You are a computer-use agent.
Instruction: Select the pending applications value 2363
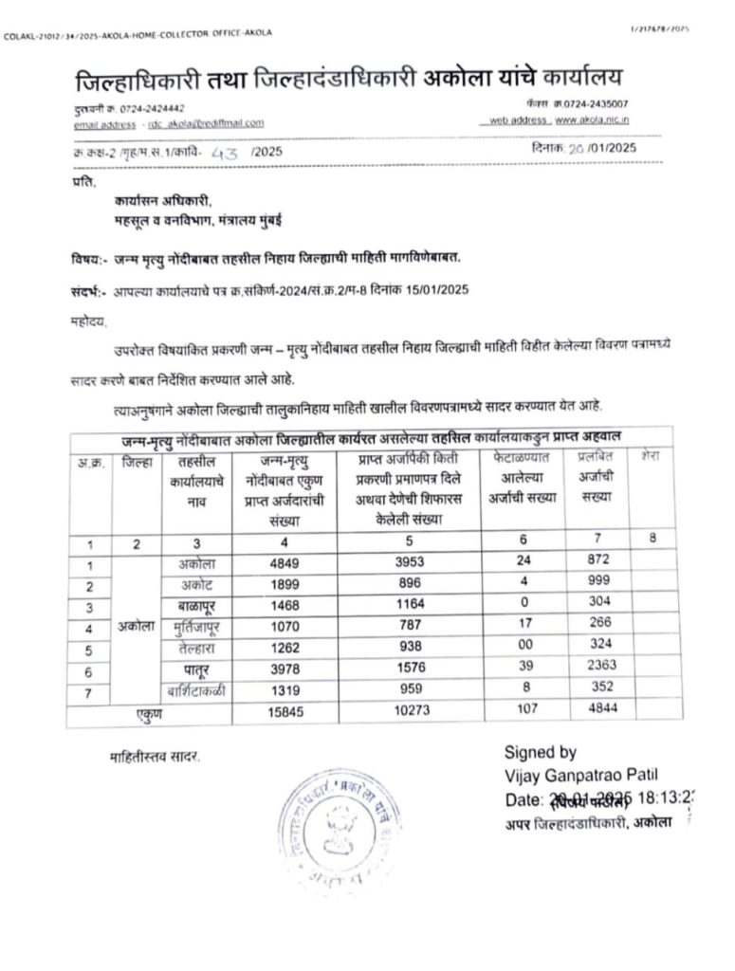click(597, 666)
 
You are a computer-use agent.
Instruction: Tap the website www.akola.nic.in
click(593, 120)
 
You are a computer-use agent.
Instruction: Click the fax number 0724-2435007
click(592, 102)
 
